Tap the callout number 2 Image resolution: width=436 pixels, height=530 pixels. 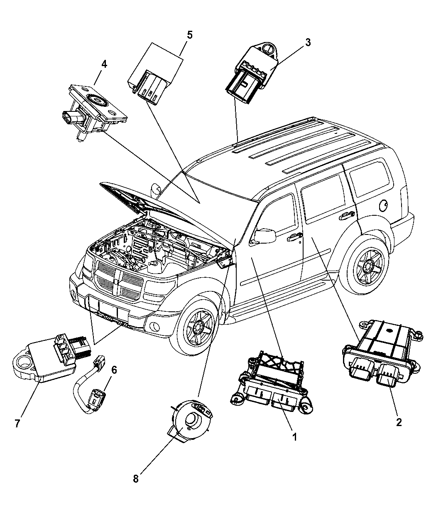click(x=399, y=422)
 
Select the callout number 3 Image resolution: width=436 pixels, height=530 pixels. click(x=307, y=42)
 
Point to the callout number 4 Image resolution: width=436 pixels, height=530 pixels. click(x=104, y=64)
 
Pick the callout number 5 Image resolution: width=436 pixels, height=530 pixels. click(x=189, y=35)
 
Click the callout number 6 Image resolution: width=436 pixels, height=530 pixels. click(x=114, y=369)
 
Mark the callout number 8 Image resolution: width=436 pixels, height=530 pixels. click(x=135, y=478)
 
